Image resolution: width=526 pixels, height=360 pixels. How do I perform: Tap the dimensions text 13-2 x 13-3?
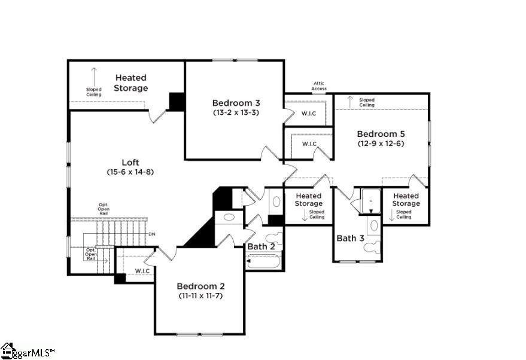pyautogui.click(x=236, y=112)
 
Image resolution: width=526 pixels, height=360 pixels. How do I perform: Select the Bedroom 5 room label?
pyautogui.click(x=381, y=134)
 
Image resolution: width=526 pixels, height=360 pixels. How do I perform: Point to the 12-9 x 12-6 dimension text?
pyautogui.click(x=381, y=144)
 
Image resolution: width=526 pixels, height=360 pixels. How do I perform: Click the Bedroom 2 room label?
pyautogui.click(x=200, y=286)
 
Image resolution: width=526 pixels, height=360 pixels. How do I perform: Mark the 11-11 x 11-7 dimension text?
pyautogui.click(x=200, y=295)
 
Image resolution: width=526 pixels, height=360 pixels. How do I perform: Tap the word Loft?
pyautogui.click(x=130, y=162)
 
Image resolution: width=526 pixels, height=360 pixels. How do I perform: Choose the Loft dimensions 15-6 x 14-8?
pyautogui.click(x=130, y=172)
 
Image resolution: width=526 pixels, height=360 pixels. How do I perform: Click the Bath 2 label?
pyautogui.click(x=261, y=246)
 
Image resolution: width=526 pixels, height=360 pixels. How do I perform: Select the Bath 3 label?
pyautogui.click(x=350, y=238)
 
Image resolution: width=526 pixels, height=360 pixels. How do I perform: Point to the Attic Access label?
pyautogui.click(x=319, y=86)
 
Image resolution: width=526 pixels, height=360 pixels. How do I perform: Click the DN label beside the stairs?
pyautogui.click(x=151, y=234)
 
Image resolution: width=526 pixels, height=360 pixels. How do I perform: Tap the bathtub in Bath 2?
pyautogui.click(x=263, y=261)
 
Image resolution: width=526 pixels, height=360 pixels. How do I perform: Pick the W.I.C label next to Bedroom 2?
pyautogui.click(x=142, y=271)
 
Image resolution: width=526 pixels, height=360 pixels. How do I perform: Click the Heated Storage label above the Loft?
pyautogui.click(x=131, y=83)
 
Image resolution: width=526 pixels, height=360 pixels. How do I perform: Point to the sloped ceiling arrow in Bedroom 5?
pyautogui.click(x=351, y=101)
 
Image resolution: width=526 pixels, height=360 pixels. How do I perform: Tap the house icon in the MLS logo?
pyautogui.click(x=8, y=350)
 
